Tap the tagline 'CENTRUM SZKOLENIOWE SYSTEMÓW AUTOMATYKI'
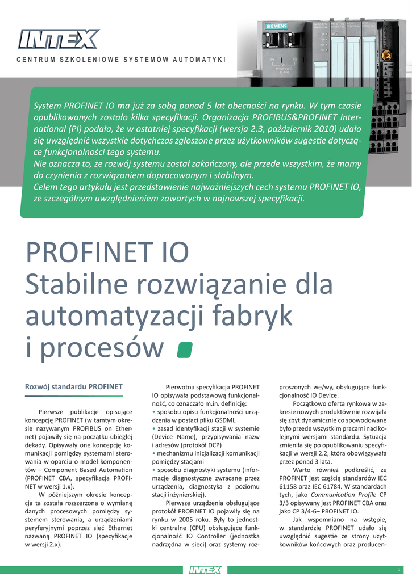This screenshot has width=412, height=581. (x=121, y=60)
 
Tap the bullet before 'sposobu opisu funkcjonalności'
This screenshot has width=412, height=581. (x=153, y=411)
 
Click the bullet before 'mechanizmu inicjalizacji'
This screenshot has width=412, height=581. (x=153, y=453)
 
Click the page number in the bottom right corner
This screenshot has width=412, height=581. (x=399, y=569)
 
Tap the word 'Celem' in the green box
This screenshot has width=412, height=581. (x=47, y=187)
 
